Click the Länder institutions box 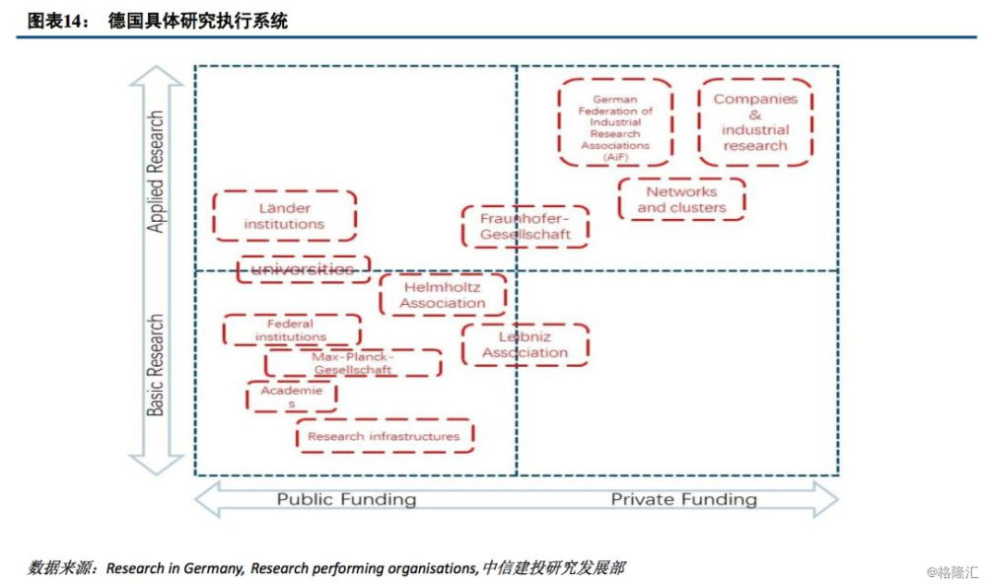point(284,216)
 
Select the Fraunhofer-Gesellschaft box point(525,227)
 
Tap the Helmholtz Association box point(443,295)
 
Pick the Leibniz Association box point(525,344)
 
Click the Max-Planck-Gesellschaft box point(353,363)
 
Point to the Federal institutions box point(291,330)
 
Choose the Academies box point(291,397)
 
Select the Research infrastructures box point(384,436)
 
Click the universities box point(303,269)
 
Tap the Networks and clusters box point(681,199)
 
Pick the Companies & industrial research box point(755,122)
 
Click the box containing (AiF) point(615,123)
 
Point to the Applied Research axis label point(156,172)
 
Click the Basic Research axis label point(156,365)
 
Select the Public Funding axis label point(346,499)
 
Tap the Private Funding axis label point(683,499)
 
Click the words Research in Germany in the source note point(175,568)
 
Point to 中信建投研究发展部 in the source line point(553,568)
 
